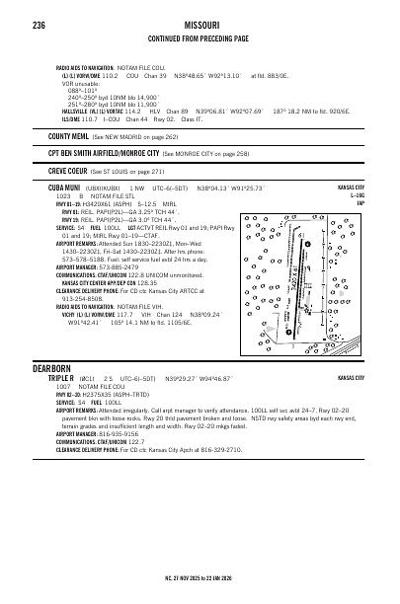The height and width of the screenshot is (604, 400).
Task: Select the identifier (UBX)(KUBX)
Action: (107, 189)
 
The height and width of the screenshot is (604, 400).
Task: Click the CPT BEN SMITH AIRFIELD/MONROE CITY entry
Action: (103, 154)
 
